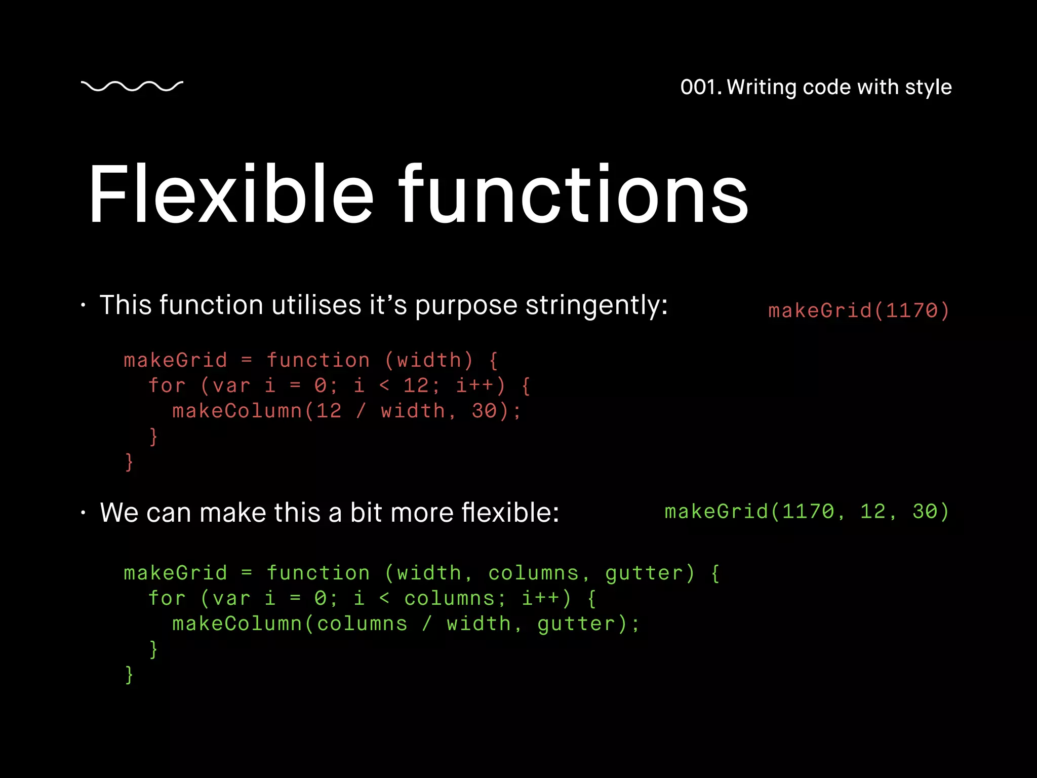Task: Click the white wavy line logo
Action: (x=132, y=86)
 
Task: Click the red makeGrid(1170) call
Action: (x=858, y=310)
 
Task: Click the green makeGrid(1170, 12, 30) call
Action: (x=807, y=512)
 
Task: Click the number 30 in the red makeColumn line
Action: (x=484, y=411)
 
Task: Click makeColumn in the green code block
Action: (x=237, y=624)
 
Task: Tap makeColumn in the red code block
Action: (x=237, y=411)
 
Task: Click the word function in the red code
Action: (x=318, y=360)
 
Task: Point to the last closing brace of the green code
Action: (x=129, y=675)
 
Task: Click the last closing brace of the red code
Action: (x=129, y=462)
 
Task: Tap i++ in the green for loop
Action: (x=540, y=598)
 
